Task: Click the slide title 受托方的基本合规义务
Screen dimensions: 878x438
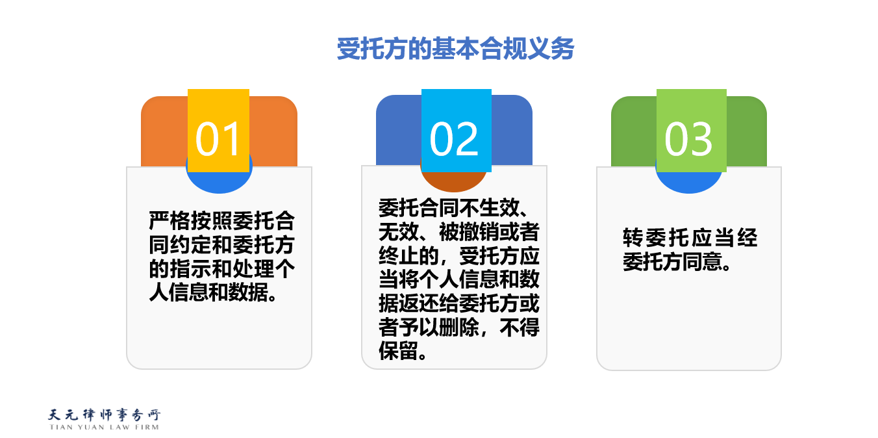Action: (x=455, y=49)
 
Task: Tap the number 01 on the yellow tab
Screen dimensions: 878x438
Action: (x=218, y=139)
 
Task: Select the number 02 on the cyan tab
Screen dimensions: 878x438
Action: (x=454, y=139)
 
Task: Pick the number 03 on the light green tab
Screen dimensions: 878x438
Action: (x=688, y=139)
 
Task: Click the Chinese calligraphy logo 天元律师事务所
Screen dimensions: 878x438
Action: (x=105, y=415)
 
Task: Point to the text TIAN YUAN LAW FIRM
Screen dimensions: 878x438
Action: (x=105, y=427)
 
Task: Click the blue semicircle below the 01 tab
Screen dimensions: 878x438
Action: (x=219, y=182)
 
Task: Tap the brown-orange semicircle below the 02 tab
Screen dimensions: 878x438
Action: (x=453, y=181)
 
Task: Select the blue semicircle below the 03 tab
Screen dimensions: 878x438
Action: (x=688, y=182)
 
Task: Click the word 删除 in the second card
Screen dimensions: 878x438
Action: (x=459, y=327)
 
